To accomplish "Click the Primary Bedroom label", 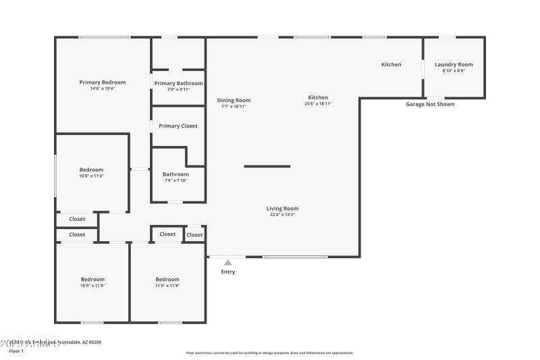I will [103, 82].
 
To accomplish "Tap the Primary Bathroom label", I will [178, 83].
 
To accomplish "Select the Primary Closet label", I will [178, 126].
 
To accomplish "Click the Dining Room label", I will [234, 100].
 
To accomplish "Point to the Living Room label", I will [282, 209].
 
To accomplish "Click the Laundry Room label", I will [454, 64].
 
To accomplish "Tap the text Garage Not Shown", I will [430, 104].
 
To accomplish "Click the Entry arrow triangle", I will [228, 263].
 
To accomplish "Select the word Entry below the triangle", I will [228, 272].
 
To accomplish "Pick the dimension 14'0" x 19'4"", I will [103, 88].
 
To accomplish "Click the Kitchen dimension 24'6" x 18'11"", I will [318, 104].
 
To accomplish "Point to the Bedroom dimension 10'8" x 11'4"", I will [92, 176].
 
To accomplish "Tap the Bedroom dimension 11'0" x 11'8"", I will [167, 285].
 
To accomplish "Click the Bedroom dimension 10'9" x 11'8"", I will [92, 285].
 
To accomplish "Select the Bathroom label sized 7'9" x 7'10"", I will [175, 174].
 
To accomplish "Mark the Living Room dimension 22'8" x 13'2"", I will [282, 215].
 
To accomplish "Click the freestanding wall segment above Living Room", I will [267, 166].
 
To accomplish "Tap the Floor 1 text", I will [16, 351].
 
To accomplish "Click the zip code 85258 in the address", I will [94, 342].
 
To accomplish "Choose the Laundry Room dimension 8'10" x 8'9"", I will [454, 70].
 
